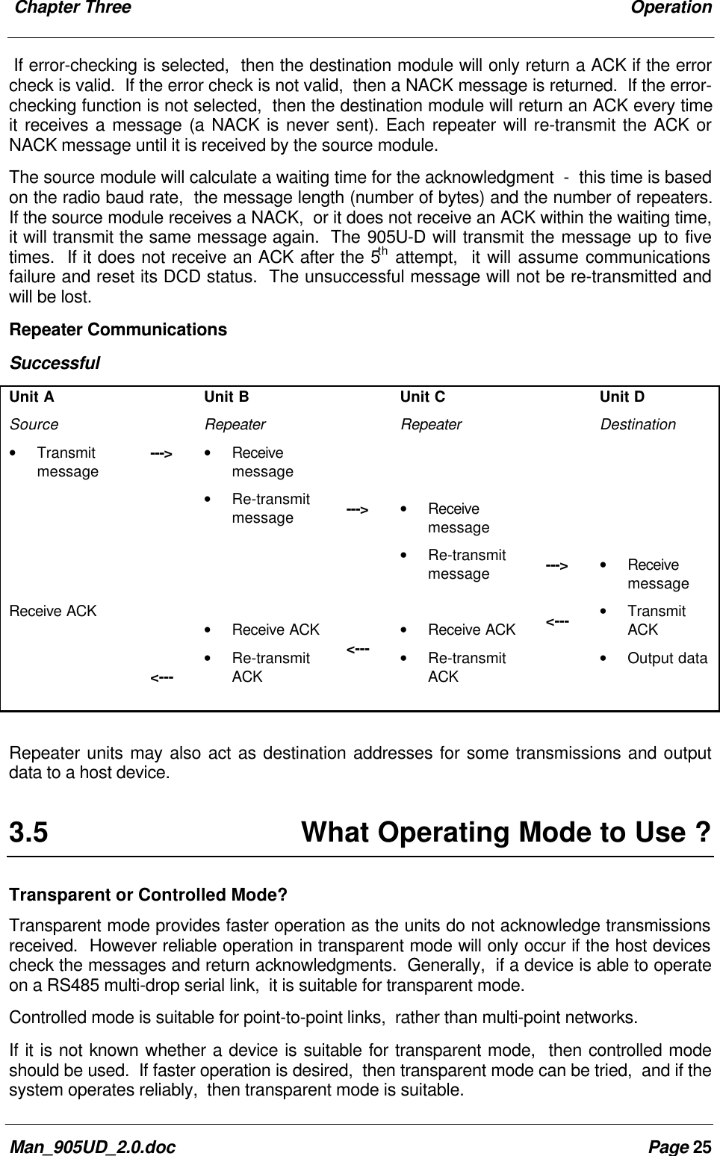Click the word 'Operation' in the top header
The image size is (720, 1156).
pyautogui.click(x=671, y=8)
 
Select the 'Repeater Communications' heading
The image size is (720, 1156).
pyautogui.click(x=118, y=329)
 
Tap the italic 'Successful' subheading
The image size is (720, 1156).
pyautogui.click(x=55, y=364)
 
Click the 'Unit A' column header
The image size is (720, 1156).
pyautogui.click(x=32, y=397)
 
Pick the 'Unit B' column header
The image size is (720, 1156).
pyautogui.click(x=227, y=397)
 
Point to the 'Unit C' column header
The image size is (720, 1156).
pyautogui.click(x=423, y=397)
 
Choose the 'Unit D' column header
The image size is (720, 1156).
pyautogui.click(x=622, y=397)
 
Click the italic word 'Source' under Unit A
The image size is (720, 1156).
pyautogui.click(x=34, y=424)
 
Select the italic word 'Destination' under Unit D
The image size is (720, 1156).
pyautogui.click(x=638, y=424)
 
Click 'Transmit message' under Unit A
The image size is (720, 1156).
pyautogui.click(x=67, y=462)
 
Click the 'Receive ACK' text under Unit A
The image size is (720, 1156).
pyautogui.click(x=53, y=611)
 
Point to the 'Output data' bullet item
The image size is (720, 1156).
pyautogui.click(x=667, y=658)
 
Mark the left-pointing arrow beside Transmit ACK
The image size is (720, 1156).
pyautogui.click(x=558, y=621)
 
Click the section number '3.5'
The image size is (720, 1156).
pyautogui.click(x=28, y=832)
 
